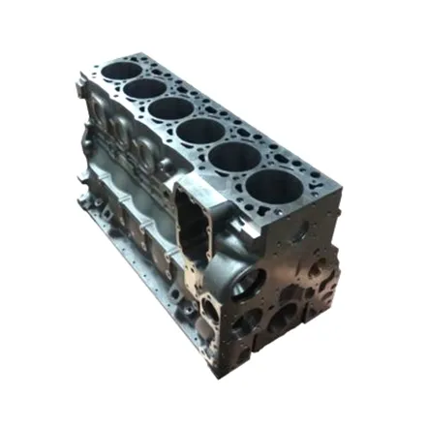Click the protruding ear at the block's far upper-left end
point(79,93)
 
